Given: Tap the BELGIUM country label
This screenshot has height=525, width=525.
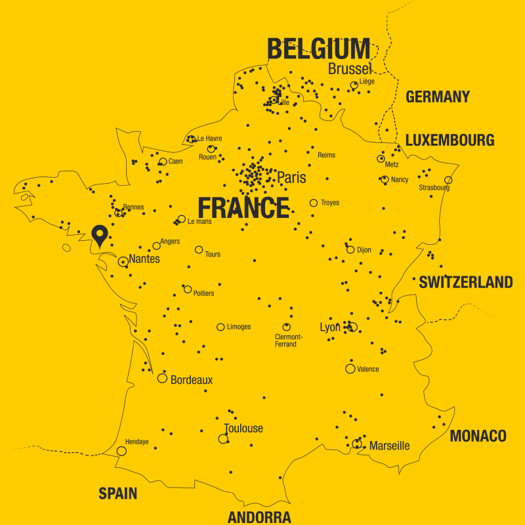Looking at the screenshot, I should point(319,49).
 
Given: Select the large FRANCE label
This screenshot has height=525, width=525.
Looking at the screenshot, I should point(243,208).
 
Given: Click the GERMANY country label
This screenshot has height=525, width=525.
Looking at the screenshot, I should point(438,97).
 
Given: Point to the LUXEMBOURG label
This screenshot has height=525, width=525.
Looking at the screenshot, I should point(450,140).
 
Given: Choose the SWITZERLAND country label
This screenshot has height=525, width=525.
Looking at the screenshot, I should point(466,282).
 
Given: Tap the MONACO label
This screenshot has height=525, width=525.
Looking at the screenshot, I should point(478,436).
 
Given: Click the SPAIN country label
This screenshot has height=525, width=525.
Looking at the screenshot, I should point(118,493).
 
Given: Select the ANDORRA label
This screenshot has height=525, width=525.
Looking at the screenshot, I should point(259,517).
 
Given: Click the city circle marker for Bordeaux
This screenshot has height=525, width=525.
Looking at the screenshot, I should point(162,378).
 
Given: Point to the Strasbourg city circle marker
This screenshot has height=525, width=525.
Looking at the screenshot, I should point(448,180).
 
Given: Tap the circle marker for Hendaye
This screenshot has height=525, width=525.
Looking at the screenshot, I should point(121,451).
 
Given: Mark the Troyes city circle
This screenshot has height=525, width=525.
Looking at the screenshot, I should point(314,203).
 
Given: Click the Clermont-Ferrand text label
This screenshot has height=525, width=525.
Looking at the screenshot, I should point(285,341).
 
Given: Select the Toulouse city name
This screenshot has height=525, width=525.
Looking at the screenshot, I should point(243,429).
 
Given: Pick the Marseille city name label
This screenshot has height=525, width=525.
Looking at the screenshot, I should point(389,446).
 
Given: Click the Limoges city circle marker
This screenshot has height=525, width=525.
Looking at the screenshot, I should point(220,327).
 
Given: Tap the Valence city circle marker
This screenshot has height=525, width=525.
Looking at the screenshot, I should point(350,369).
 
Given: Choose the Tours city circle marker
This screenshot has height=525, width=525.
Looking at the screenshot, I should point(199,249).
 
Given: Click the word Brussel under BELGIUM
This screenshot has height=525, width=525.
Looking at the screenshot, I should point(350,69).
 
